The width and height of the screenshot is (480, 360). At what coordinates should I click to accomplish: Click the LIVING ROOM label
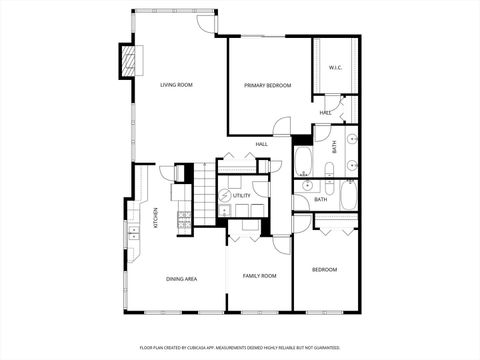pos(176,86)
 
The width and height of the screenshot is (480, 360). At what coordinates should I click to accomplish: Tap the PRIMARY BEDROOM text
pos(268,86)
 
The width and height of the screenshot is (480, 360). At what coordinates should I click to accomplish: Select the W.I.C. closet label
pos(336,68)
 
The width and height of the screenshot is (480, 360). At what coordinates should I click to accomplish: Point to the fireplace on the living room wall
pos(128,61)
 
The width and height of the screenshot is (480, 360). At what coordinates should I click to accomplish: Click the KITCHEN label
pos(155,218)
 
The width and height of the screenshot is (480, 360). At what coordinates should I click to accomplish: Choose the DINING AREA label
pos(181,278)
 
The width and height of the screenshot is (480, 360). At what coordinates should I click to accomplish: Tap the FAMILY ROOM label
pos(260,274)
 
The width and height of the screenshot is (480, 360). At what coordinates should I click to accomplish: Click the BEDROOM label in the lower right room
pos(324,269)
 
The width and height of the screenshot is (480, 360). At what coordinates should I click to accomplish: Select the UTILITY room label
pos(242,196)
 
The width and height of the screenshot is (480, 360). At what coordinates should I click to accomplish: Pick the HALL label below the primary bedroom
pos(261,145)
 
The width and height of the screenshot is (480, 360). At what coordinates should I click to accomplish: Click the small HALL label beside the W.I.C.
pos(326,113)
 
